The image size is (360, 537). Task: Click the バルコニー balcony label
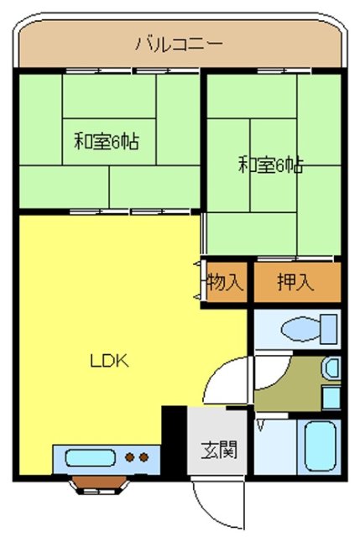[x=179, y=44]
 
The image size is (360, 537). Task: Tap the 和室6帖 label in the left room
[x=106, y=141]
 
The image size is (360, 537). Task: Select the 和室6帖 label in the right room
[x=270, y=164]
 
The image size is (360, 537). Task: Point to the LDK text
[x=108, y=362]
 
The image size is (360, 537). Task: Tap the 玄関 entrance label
[x=218, y=449]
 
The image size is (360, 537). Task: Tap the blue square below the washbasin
[x=331, y=397]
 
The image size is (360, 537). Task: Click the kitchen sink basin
[x=88, y=459]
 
